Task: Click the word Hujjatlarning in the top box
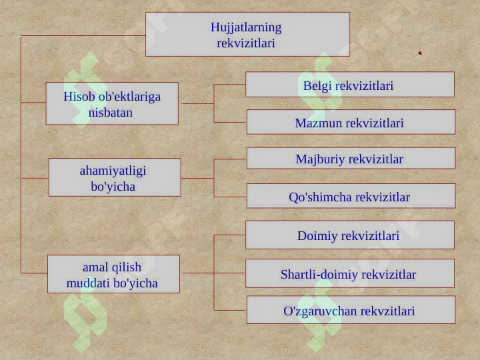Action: [x=246, y=27]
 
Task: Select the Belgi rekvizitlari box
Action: [x=350, y=85]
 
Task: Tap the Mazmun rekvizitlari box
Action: [x=351, y=122]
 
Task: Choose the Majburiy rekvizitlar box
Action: [x=351, y=158]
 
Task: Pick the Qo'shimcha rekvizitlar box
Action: [x=351, y=196]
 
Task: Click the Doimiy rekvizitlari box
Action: [x=350, y=235]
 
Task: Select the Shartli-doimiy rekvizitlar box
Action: [x=350, y=273]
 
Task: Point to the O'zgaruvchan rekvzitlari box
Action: [x=351, y=310]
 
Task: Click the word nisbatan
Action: [x=111, y=113]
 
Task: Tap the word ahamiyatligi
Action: [x=113, y=171]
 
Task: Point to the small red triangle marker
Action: [x=420, y=53]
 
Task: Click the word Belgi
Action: [x=317, y=86]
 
